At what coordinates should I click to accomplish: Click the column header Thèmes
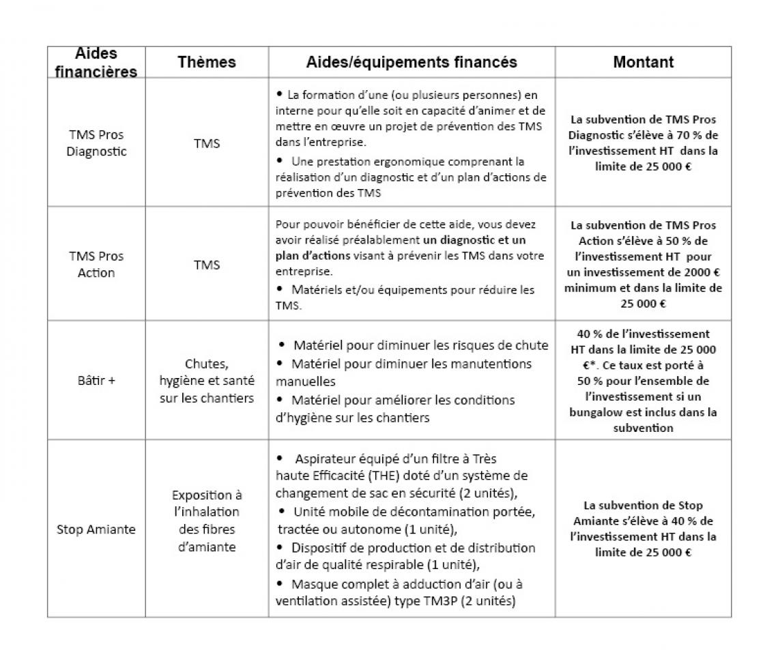click(207, 62)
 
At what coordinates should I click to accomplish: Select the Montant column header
click(643, 62)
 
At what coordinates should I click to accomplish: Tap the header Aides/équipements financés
click(412, 62)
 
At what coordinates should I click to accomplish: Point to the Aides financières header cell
click(96, 62)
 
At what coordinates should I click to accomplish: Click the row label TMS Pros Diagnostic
click(96, 143)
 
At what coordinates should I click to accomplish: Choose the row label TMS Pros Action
click(96, 264)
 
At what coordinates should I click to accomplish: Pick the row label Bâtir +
click(96, 380)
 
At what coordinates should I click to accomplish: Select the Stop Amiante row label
click(96, 529)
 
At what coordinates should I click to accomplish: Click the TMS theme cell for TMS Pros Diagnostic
click(207, 143)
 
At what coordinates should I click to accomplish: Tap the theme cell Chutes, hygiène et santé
click(207, 381)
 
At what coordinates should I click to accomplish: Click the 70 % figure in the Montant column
click(683, 135)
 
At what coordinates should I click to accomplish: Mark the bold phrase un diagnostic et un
click(474, 240)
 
